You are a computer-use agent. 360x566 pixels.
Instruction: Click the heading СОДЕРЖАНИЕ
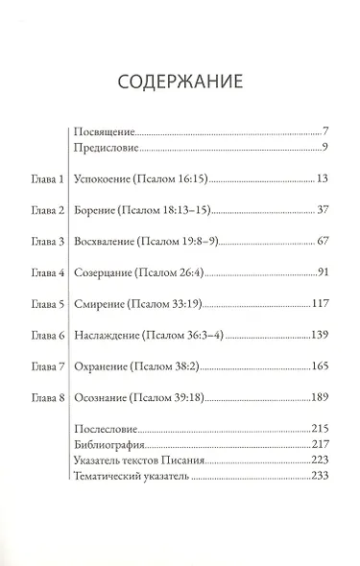pos(180,78)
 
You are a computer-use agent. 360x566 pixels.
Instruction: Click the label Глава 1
pos(46,179)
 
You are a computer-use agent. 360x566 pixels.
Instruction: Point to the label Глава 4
pos(46,273)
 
